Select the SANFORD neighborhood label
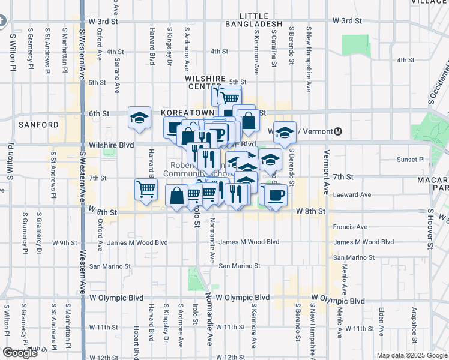coord(38,125)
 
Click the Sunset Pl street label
coord(411,160)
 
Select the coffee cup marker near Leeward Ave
coord(276,195)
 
